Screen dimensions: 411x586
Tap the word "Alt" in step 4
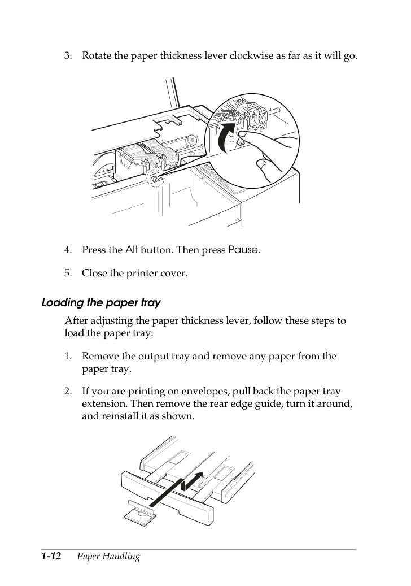(x=132, y=249)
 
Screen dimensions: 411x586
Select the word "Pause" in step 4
(x=243, y=249)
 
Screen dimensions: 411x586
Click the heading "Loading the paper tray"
(x=101, y=302)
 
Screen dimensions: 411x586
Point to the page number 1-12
(x=51, y=556)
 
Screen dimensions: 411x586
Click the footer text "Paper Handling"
(x=108, y=557)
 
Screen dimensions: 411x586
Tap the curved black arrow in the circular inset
(x=226, y=138)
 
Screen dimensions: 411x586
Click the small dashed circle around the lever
(x=154, y=179)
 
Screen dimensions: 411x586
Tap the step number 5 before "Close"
(x=68, y=273)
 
